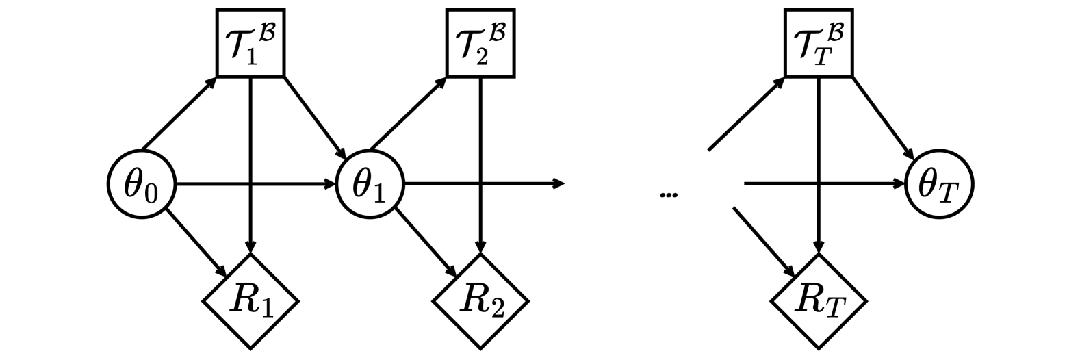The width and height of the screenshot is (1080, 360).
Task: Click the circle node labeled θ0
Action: click(x=142, y=184)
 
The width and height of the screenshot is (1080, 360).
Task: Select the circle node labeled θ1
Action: click(x=370, y=184)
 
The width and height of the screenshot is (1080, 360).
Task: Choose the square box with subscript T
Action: click(x=819, y=42)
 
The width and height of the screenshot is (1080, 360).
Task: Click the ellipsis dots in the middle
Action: click(x=669, y=196)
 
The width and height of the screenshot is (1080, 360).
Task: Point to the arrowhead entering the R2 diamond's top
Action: click(x=482, y=248)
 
